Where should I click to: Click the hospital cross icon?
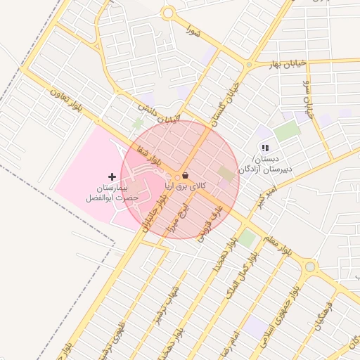112,175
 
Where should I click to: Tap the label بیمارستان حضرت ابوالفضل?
112,193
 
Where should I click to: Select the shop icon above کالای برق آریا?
185,174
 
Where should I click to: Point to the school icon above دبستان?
264,148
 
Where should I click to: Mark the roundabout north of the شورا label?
167,13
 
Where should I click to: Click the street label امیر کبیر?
266,197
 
